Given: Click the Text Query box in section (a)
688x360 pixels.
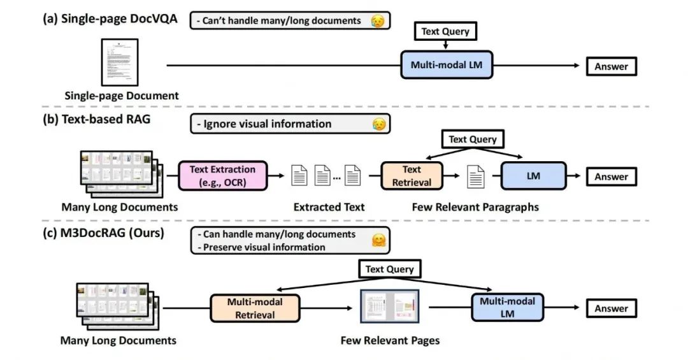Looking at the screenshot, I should pyautogui.click(x=445, y=31).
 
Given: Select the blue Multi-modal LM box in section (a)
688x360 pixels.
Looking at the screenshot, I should pyautogui.click(x=446, y=65).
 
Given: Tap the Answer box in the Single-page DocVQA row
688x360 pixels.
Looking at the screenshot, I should pyautogui.click(x=611, y=66).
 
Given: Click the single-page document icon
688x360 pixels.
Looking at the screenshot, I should pyautogui.click(x=120, y=63).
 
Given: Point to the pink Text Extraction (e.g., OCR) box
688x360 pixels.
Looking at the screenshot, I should pyautogui.click(x=222, y=176).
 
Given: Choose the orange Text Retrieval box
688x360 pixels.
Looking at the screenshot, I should pyautogui.click(x=412, y=176).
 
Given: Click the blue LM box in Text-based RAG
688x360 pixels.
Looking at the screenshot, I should pyautogui.click(x=533, y=176).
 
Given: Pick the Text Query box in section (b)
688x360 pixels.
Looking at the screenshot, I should pyautogui.click(x=473, y=140).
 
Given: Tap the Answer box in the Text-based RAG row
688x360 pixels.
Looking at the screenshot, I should pyautogui.click(x=611, y=177).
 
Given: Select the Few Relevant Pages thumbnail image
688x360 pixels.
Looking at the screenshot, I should pyautogui.click(x=389, y=308).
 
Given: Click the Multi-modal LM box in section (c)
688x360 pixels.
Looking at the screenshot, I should pyautogui.click(x=507, y=308).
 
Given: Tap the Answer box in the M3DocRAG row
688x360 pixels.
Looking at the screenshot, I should pyautogui.click(x=611, y=308).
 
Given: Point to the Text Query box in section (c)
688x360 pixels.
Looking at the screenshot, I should pyautogui.click(x=389, y=269).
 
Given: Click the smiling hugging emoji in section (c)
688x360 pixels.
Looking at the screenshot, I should pyautogui.click(x=379, y=240).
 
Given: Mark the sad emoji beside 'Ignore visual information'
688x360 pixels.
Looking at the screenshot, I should pyautogui.click(x=378, y=124).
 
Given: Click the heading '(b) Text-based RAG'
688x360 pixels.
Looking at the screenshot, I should pyautogui.click(x=96, y=119).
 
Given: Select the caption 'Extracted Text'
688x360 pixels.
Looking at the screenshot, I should pyautogui.click(x=329, y=207).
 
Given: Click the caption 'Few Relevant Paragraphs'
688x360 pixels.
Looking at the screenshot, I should pyautogui.click(x=475, y=207).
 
